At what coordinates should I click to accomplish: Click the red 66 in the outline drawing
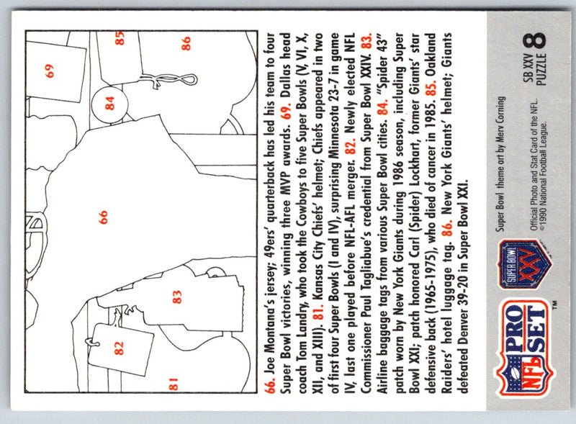click(x=103, y=217)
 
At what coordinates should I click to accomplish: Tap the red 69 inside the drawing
click(x=49, y=71)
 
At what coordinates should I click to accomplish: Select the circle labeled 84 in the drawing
click(x=109, y=103)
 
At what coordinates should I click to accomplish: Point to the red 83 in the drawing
click(x=176, y=297)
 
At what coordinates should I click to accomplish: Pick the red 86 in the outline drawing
click(x=186, y=43)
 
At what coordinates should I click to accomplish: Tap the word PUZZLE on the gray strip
click(x=542, y=69)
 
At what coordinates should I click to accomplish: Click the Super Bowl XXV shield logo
click(x=526, y=264)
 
